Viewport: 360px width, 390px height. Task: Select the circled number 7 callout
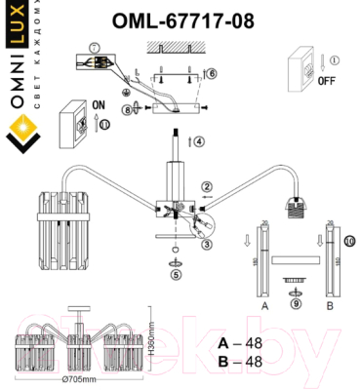[x=94, y=48]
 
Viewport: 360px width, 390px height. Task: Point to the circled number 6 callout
[x=211, y=72]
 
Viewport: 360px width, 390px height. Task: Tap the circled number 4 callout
[x=198, y=141]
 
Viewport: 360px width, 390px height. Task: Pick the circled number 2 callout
[x=207, y=186]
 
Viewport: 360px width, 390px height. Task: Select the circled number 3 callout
[x=207, y=245]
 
